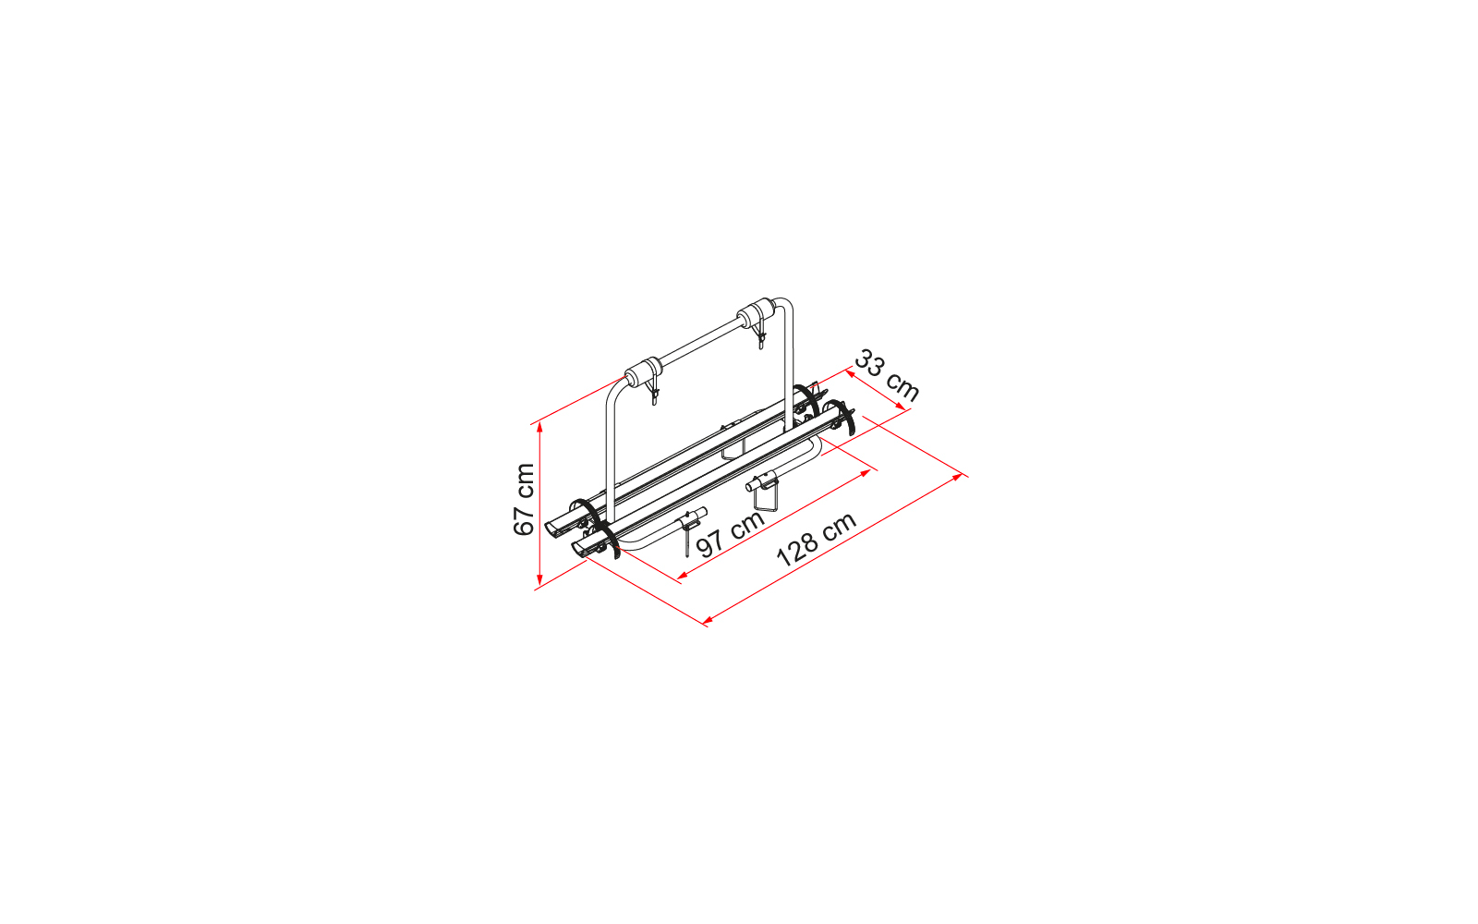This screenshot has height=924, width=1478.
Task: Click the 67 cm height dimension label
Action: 524,500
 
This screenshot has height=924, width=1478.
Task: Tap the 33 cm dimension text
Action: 886,374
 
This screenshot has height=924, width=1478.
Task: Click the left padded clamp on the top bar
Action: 639,374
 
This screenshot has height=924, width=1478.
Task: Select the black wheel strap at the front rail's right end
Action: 844,418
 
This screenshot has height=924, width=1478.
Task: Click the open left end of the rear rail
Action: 557,528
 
